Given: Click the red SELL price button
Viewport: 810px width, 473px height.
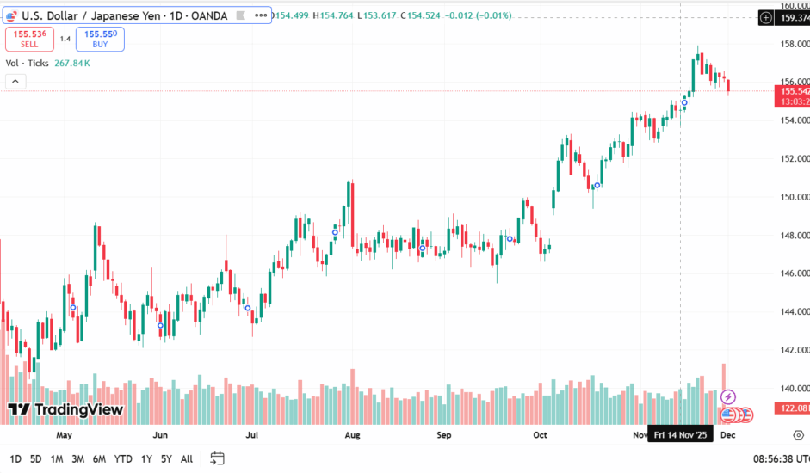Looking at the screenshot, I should (x=30, y=39).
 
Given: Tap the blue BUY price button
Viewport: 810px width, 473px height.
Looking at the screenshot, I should (x=100, y=39).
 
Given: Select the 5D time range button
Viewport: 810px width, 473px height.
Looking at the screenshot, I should (x=35, y=458).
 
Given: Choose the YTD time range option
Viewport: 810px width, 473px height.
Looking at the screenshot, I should (x=123, y=458).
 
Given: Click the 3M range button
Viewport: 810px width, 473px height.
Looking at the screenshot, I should (x=77, y=458).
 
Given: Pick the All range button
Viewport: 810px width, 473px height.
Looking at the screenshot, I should (x=187, y=458).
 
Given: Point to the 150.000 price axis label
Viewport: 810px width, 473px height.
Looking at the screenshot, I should (x=794, y=197).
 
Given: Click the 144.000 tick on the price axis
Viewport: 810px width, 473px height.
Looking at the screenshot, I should (x=794, y=312).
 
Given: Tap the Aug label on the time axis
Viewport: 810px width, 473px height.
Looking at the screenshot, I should (x=351, y=436).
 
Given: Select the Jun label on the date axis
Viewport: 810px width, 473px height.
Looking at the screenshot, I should (x=160, y=436).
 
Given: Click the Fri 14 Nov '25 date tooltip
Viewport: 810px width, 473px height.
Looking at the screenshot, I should (x=680, y=436).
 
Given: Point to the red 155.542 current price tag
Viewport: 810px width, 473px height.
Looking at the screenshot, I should (x=792, y=90).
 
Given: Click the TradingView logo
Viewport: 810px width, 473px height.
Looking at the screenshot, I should (x=65, y=410).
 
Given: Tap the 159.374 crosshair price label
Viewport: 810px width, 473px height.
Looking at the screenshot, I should (x=792, y=17).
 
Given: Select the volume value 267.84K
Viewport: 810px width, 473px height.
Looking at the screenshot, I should (x=72, y=63).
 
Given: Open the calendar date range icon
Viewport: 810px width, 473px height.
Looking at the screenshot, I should (x=217, y=458).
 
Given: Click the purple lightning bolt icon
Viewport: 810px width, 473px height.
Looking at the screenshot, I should (x=728, y=396).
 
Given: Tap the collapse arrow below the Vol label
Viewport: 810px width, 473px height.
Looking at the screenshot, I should (x=15, y=81).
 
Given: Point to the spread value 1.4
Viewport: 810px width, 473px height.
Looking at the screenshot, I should (x=65, y=39).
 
